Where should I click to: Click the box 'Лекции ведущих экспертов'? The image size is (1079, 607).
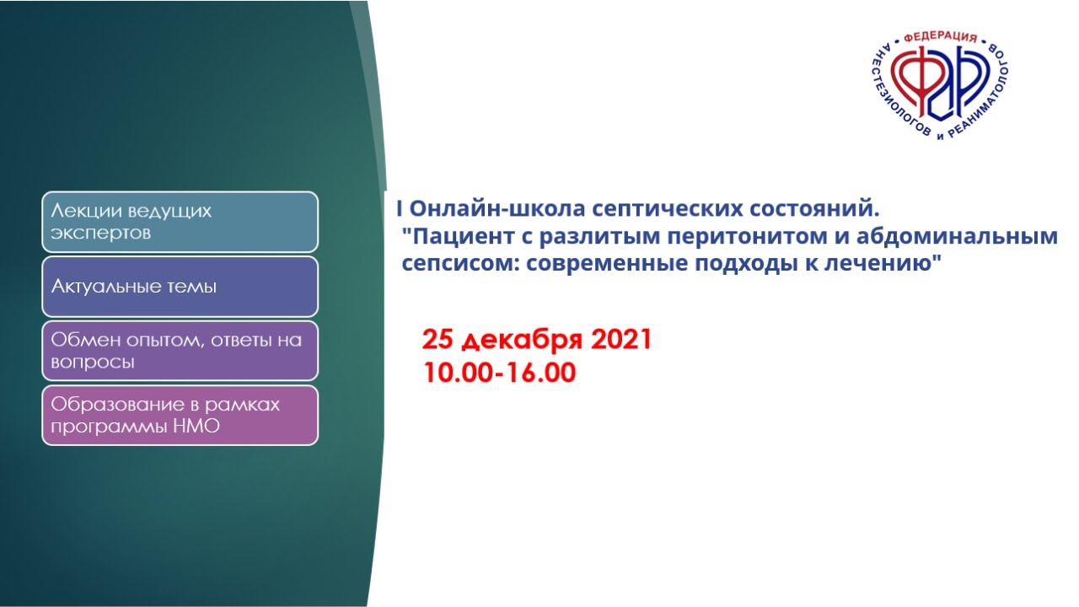pyautogui.click(x=180, y=222)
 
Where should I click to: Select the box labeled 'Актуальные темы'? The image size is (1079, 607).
pyautogui.click(x=180, y=286)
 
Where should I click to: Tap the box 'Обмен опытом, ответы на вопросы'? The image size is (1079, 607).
pyautogui.click(x=180, y=351)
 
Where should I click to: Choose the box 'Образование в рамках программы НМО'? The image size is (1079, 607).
pyautogui.click(x=180, y=416)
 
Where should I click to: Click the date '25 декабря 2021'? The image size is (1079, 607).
pyautogui.click(x=537, y=340)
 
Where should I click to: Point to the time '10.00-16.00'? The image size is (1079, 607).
pyautogui.click(x=500, y=373)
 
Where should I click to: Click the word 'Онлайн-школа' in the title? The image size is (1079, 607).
pyautogui.click(x=497, y=208)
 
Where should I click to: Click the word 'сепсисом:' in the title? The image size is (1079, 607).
pyautogui.click(x=461, y=264)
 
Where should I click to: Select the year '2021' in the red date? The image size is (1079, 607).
pyautogui.click(x=621, y=339)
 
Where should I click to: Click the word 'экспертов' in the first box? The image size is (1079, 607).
pyautogui.click(x=100, y=234)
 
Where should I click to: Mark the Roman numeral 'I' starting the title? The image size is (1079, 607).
pyautogui.click(x=399, y=208)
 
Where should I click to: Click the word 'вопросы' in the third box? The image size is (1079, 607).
pyautogui.click(x=92, y=363)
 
